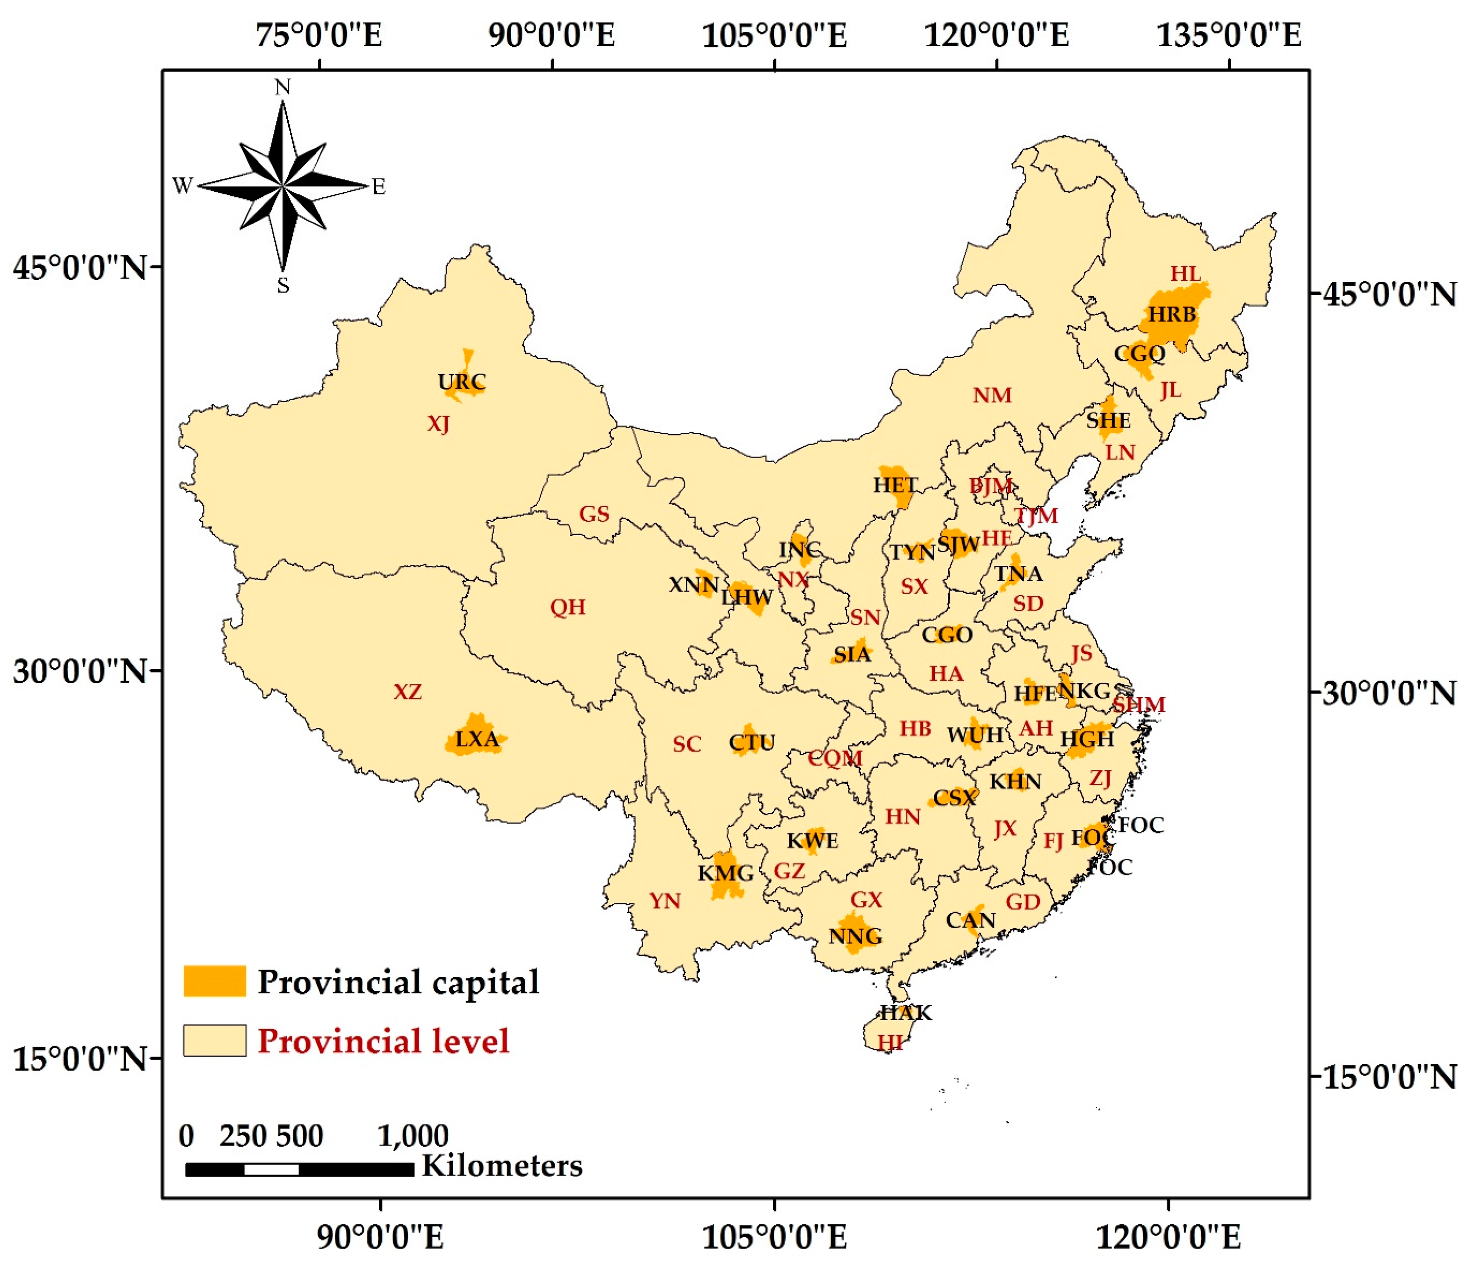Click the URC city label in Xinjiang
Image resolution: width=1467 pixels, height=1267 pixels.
[462, 383]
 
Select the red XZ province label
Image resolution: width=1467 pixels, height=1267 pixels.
[407, 691]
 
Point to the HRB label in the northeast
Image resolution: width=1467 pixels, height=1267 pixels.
[1171, 314]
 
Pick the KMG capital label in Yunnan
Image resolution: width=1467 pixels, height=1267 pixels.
[726, 873]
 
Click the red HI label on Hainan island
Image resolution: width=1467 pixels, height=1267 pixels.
[890, 1043]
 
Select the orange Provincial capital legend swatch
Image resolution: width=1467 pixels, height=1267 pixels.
[214, 981]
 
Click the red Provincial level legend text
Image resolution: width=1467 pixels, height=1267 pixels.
[383, 1041]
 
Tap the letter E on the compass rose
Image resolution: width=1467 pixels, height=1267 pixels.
[379, 187]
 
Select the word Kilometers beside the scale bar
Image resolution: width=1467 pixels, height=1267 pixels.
[502, 1166]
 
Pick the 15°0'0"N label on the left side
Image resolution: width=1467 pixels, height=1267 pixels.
[79, 1060]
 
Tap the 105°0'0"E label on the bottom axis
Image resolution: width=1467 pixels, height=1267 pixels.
[774, 1237]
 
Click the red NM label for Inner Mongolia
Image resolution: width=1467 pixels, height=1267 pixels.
[991, 396]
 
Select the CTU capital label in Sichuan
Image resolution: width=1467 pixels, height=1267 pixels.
[752, 742]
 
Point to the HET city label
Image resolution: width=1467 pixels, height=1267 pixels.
[895, 486]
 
